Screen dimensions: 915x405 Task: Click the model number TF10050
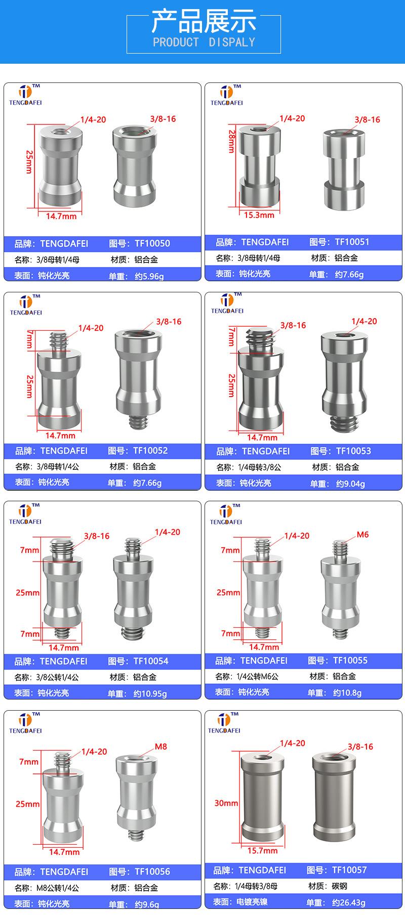152,243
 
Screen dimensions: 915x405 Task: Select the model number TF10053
353,451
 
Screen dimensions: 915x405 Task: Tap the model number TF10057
349,870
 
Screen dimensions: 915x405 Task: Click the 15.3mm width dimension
259,215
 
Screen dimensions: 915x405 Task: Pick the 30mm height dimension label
226,803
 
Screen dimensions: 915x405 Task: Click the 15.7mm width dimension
262,850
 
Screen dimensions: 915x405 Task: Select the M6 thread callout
362,535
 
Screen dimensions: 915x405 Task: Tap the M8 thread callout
160,747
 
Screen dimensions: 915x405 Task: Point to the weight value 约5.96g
149,276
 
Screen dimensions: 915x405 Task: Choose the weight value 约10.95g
150,693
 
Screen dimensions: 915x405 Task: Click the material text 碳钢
340,886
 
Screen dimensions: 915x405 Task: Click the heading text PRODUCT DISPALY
204,42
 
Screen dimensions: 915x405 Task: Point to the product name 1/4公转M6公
257,676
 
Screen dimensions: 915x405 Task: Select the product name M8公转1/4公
57,888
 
